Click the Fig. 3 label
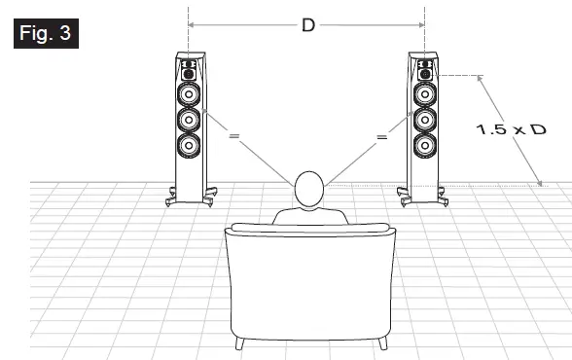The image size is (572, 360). pyautogui.click(x=45, y=32)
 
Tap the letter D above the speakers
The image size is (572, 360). pyautogui.click(x=307, y=25)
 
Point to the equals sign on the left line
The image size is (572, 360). pyautogui.click(x=233, y=137)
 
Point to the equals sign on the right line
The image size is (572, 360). pyautogui.click(x=381, y=138)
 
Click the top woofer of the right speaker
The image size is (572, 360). pyautogui.click(x=425, y=95)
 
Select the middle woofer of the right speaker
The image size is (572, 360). pyautogui.click(x=425, y=121)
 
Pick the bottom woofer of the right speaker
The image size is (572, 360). pyautogui.click(x=425, y=146)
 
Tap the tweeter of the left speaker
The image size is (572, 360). pyautogui.click(x=189, y=72)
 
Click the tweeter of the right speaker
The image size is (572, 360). pyautogui.click(x=425, y=71)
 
